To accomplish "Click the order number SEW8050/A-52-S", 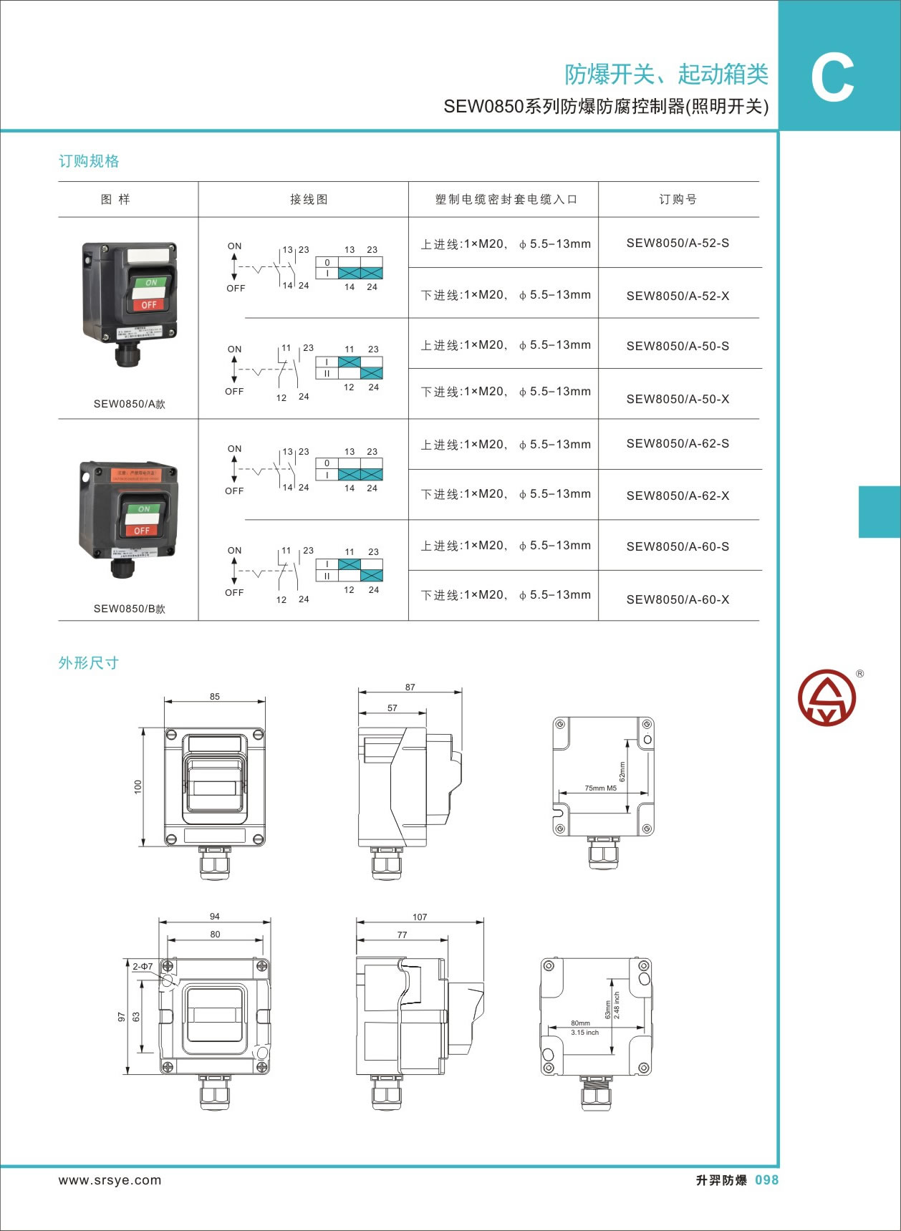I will click(x=678, y=243).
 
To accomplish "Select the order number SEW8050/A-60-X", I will click(x=678, y=600).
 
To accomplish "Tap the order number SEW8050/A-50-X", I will click(x=678, y=400).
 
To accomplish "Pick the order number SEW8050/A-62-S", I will click(x=678, y=444).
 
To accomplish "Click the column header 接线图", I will click(x=309, y=200).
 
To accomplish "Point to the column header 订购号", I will click(x=678, y=200).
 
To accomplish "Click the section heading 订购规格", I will click(x=89, y=161).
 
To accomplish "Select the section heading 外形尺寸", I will click(x=89, y=663).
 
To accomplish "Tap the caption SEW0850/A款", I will click(x=129, y=404).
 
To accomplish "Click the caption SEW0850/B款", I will click(x=129, y=609).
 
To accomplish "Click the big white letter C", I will click(x=832, y=78).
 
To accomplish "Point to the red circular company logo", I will click(x=827, y=697).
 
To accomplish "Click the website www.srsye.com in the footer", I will click(x=110, y=1180).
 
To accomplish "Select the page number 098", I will click(x=766, y=1180).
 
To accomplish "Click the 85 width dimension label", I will click(x=215, y=696).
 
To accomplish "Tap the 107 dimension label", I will click(x=420, y=917).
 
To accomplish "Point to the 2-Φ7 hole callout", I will click(x=143, y=966).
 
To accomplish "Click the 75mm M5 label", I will click(x=600, y=788).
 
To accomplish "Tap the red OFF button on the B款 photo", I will click(x=142, y=531).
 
